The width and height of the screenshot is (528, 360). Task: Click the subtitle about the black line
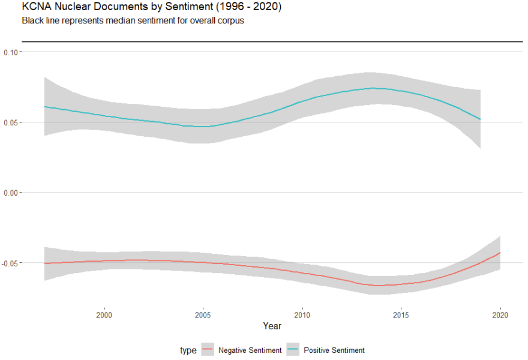click(x=133, y=20)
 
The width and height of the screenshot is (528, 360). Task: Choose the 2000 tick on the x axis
click(x=104, y=314)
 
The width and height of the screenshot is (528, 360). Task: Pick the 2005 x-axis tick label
click(x=203, y=314)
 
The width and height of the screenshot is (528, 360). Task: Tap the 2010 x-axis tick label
click(x=302, y=314)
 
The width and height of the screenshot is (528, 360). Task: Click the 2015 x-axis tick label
click(x=401, y=314)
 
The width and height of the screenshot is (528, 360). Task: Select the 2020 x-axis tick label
click(x=500, y=314)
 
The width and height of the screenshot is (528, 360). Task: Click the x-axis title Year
click(x=272, y=326)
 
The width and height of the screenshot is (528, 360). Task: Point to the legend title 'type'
click(x=188, y=350)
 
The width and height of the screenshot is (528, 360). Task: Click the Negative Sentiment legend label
click(x=250, y=350)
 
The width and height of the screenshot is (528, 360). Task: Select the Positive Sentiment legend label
click(x=334, y=350)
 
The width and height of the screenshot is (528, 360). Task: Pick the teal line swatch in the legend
click(x=293, y=350)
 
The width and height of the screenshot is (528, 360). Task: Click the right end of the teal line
click(x=480, y=119)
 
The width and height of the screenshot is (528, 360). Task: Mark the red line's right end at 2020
click(x=500, y=253)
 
